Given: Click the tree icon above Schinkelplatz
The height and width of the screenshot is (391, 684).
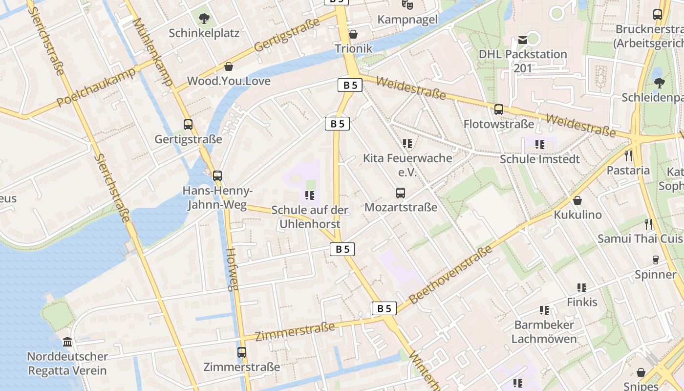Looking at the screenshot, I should point(204,19).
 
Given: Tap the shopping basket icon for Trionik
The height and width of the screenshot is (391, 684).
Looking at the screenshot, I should point(353,34).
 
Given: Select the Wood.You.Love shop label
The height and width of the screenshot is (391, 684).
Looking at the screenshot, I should point(229,81).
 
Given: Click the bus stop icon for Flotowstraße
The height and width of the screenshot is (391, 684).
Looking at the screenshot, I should point(498,109).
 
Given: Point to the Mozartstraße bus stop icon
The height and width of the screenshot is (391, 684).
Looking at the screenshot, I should point(401,193).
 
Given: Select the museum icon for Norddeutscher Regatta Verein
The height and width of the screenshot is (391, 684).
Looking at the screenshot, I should point(67,342).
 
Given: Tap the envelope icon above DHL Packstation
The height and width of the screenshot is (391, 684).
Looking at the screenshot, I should point(523,39).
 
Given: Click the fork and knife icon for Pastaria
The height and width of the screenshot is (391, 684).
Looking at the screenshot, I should point(628,156).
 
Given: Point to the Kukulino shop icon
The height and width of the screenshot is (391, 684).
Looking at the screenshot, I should point(577,200).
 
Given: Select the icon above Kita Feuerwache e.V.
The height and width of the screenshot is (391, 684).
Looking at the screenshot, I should point(407,144).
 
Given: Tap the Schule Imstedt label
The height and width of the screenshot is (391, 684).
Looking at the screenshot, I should point(539,159).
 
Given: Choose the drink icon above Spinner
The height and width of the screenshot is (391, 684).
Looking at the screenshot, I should point(656,260).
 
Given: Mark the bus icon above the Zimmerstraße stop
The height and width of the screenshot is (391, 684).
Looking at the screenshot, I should point(241,352).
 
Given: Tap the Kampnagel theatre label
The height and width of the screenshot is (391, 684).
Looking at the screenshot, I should point(407,20).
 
